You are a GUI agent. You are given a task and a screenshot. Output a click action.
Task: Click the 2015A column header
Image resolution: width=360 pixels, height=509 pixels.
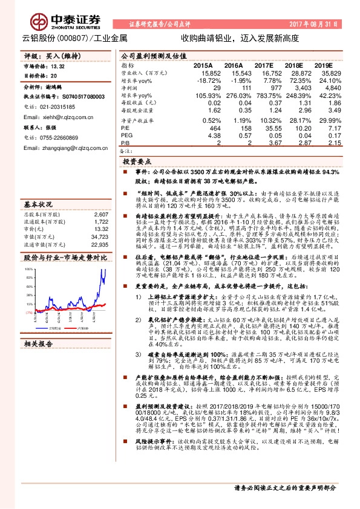pyautogui.click(x=203, y=64)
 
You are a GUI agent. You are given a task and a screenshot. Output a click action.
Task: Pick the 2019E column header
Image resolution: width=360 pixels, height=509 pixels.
pyautogui.click(x=332, y=64)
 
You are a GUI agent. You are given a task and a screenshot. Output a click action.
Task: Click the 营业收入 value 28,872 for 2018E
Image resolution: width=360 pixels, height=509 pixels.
pyautogui.click(x=300, y=71)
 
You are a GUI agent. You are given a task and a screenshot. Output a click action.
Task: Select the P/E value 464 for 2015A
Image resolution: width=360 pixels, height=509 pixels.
pyautogui.click(x=208, y=129)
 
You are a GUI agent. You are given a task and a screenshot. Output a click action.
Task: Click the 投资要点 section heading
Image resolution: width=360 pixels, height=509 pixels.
pyautogui.click(x=138, y=163)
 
